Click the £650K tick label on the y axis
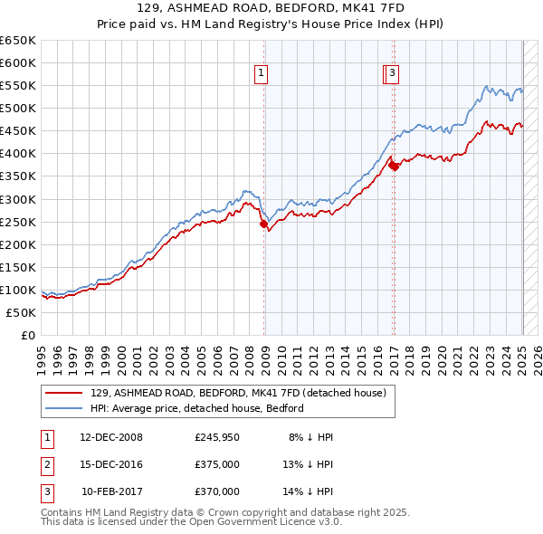click(18, 41)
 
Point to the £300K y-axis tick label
click(18, 199)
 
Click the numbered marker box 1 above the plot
click(261, 74)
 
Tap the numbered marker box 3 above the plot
click(394, 74)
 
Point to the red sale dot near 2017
click(394, 166)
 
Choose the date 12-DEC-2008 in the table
click(111, 437)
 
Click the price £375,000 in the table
click(217, 464)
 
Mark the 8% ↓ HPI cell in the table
click(311, 437)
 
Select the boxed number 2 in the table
click(45, 464)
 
